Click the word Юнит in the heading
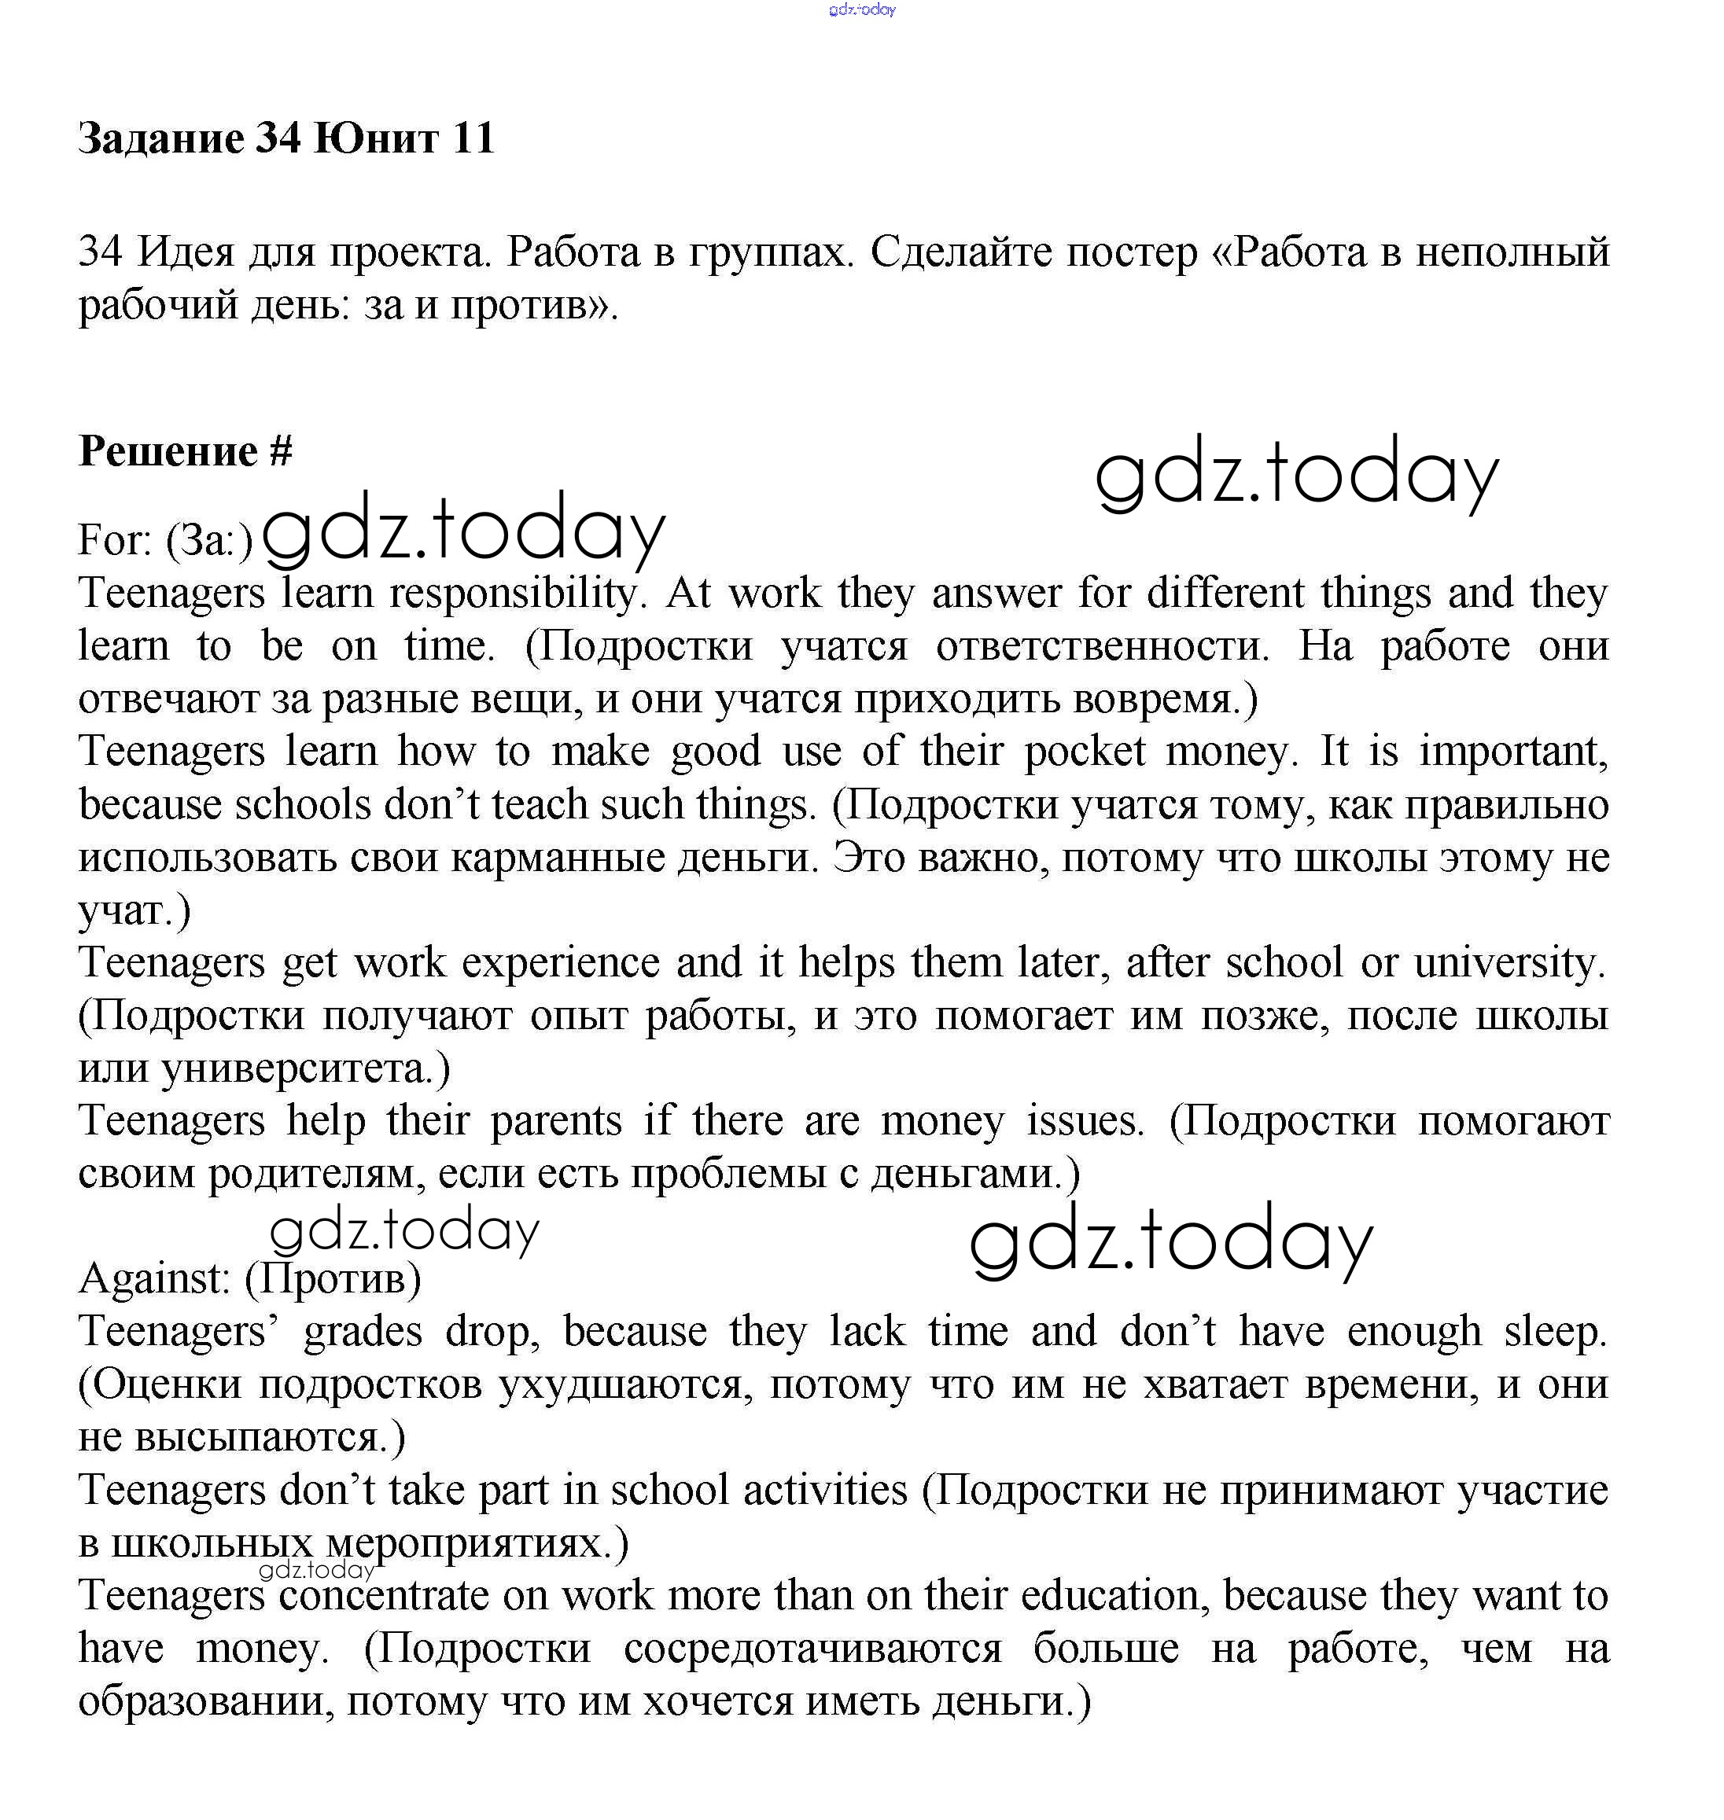[376, 138]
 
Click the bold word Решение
[168, 452]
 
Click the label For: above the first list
[115, 540]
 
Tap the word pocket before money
[1085, 752]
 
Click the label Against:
[154, 1279]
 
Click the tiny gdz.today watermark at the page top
[861, 10]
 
